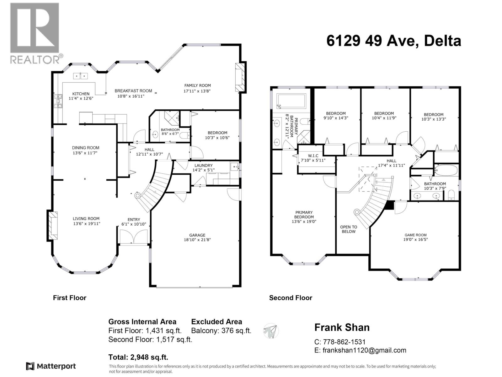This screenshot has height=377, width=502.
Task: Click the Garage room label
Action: (197, 235)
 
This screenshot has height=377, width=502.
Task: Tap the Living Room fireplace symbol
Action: (53, 226)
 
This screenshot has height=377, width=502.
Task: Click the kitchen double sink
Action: (81, 76)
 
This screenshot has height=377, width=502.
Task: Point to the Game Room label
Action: (415, 235)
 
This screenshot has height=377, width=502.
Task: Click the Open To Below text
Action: (349, 229)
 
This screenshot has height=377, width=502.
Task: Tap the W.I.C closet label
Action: (313, 156)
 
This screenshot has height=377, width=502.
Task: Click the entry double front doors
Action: (134, 237)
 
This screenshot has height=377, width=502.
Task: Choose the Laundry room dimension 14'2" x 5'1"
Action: (204, 170)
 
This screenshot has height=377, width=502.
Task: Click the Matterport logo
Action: (51, 366)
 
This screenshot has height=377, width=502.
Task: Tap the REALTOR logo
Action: (35, 33)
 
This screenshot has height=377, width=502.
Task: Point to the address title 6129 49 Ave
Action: (393, 41)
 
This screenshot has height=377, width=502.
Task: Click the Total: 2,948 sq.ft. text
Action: (138, 357)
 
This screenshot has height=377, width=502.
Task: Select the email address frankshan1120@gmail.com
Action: (364, 350)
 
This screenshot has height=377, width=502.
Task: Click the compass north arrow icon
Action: (271, 331)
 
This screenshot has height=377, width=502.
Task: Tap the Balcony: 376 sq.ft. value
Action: (221, 331)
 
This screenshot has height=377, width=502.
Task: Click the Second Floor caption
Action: (291, 298)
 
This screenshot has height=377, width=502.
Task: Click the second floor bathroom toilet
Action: (451, 195)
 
